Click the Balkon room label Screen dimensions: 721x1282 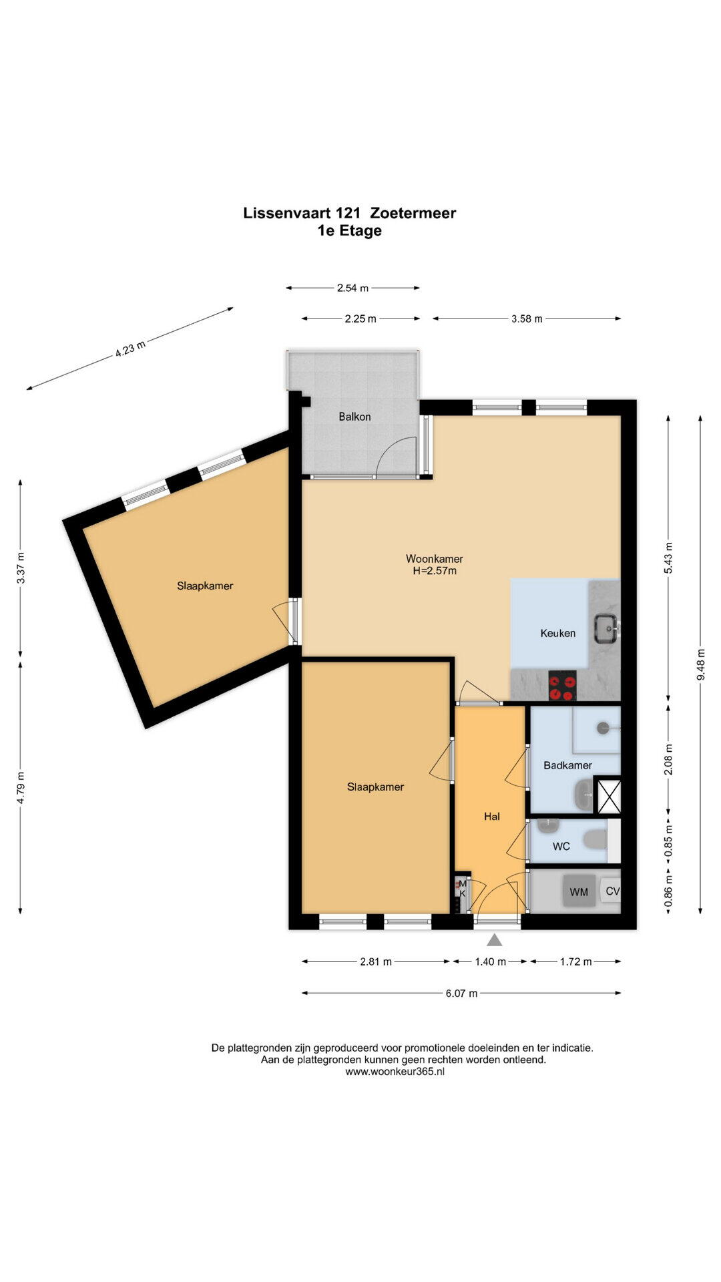(x=354, y=417)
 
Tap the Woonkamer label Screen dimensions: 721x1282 (x=434, y=559)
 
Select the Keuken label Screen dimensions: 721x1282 (x=557, y=633)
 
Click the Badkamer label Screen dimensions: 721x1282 (x=567, y=765)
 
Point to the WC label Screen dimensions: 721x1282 (x=561, y=847)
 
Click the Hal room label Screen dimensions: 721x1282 (x=492, y=816)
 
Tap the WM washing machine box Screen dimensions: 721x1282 (x=579, y=891)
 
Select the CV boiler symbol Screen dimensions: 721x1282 (x=612, y=891)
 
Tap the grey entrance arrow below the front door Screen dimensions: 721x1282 (x=494, y=940)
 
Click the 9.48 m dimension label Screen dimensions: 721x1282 (x=700, y=664)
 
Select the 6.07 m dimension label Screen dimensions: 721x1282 (x=461, y=994)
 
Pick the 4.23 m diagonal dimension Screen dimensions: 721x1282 (x=130, y=349)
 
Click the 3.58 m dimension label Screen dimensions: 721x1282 (x=527, y=319)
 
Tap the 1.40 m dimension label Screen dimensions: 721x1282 (x=490, y=962)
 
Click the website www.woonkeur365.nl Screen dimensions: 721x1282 (x=395, y=1072)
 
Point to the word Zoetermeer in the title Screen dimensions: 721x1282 (x=413, y=213)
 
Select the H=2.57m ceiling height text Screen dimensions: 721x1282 (x=435, y=571)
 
